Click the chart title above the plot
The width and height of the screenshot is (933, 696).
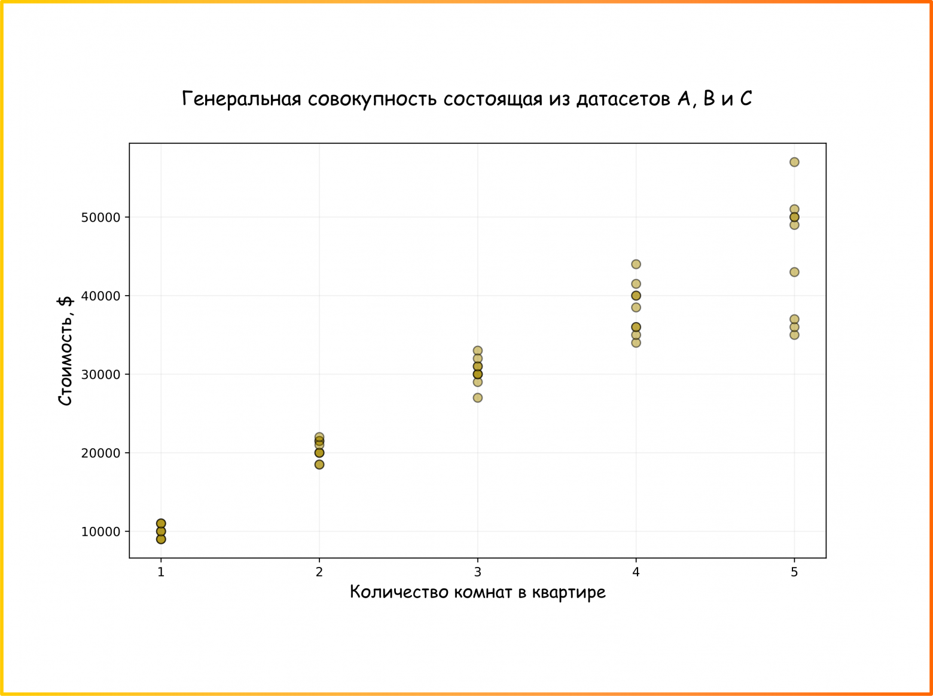point(466,99)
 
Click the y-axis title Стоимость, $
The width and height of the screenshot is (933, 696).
point(65,351)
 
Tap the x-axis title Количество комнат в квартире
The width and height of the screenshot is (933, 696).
point(477,592)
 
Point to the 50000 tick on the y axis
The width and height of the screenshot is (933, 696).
point(101,217)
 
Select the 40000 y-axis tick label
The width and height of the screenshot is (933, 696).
point(101,296)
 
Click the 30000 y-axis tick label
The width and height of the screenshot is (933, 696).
point(101,375)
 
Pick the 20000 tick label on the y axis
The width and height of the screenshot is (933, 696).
point(101,453)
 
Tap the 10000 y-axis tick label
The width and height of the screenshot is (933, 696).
point(101,532)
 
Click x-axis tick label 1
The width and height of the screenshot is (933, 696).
point(161,572)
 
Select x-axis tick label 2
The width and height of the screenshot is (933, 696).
point(319,572)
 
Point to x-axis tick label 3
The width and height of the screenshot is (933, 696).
point(477,572)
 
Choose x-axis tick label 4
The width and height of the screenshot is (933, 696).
point(636,572)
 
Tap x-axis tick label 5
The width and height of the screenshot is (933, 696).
point(794,572)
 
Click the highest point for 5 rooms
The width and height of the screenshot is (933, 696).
point(794,162)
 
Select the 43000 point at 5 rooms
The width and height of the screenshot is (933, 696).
point(794,272)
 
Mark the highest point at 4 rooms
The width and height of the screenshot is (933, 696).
point(636,264)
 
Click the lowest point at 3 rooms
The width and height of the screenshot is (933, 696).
point(477,398)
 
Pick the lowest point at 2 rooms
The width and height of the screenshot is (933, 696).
point(319,464)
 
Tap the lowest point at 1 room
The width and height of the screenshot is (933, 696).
point(161,539)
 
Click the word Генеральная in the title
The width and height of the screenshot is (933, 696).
point(241,99)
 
